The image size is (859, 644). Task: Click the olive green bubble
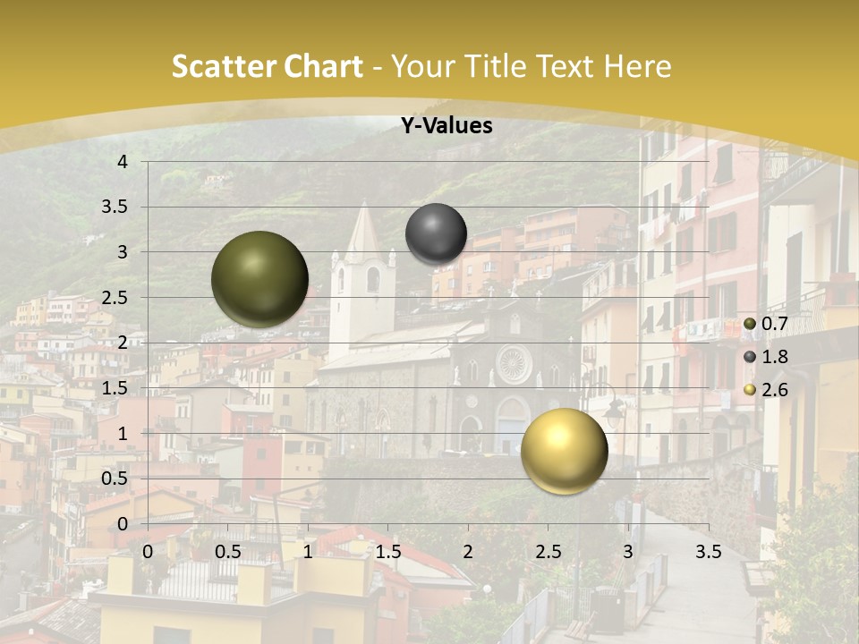259,279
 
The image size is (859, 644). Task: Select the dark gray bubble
436,234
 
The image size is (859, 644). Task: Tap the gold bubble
564,451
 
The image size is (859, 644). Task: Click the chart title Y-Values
447,126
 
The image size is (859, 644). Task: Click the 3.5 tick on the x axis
708,552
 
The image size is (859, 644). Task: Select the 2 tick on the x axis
467,552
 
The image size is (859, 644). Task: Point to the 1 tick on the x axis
308,552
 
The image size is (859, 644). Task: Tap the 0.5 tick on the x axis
227,552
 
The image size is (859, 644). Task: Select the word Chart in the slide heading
324,66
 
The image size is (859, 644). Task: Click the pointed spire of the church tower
363,224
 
